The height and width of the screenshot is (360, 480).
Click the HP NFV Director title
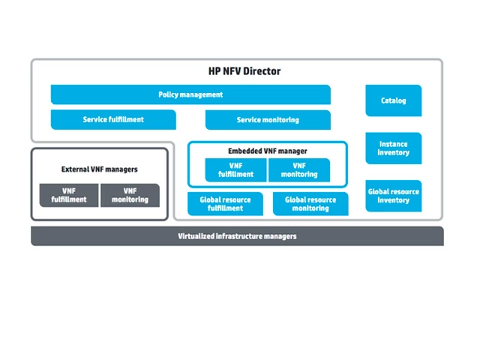[x=244, y=72]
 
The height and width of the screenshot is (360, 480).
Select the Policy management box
[x=190, y=94]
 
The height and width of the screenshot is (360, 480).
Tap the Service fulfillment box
[x=113, y=120]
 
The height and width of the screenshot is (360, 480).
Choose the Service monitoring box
[x=268, y=120]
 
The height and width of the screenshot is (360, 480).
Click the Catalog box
[x=393, y=100]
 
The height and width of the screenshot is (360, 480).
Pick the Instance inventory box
[x=393, y=148]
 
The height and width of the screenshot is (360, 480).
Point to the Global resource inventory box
[x=393, y=196]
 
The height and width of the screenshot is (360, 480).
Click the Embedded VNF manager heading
[x=268, y=151]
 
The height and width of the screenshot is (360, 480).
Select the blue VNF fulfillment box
[x=236, y=170]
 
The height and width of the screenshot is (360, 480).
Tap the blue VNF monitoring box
[x=298, y=170]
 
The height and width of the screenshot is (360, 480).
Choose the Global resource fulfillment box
[x=226, y=204]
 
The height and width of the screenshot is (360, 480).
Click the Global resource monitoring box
[x=310, y=204]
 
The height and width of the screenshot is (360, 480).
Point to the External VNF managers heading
[x=99, y=169]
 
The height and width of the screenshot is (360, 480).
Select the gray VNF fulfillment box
[x=69, y=196]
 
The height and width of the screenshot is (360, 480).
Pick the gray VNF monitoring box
[x=130, y=196]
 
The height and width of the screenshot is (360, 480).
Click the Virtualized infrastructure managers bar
[x=237, y=236]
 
